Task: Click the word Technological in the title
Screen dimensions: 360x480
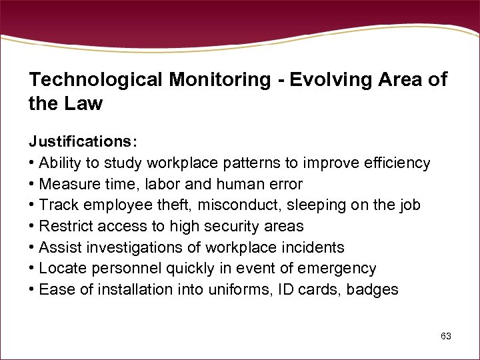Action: pyautogui.click(x=96, y=81)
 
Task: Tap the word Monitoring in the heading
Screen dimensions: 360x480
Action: pyautogui.click(x=219, y=81)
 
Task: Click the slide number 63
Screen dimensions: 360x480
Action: pyautogui.click(x=446, y=336)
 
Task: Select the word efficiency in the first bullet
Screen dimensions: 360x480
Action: pyautogui.click(x=396, y=163)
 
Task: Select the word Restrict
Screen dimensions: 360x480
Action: pyautogui.click(x=64, y=227)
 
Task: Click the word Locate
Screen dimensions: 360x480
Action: pyautogui.click(x=60, y=269)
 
